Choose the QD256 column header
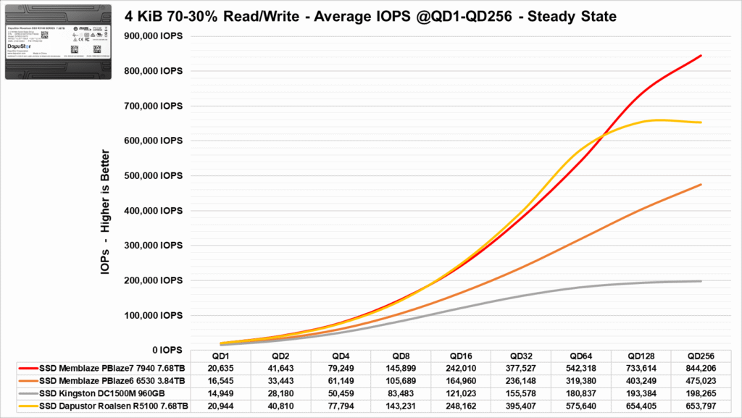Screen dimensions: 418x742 700,356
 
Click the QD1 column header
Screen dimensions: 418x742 220,356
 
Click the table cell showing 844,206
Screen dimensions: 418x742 700,368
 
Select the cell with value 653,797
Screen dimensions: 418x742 700,405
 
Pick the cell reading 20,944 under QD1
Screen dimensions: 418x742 220,405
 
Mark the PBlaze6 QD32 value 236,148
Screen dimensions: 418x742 520,380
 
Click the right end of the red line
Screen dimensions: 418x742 701,56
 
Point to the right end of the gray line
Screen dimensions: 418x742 701,281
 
